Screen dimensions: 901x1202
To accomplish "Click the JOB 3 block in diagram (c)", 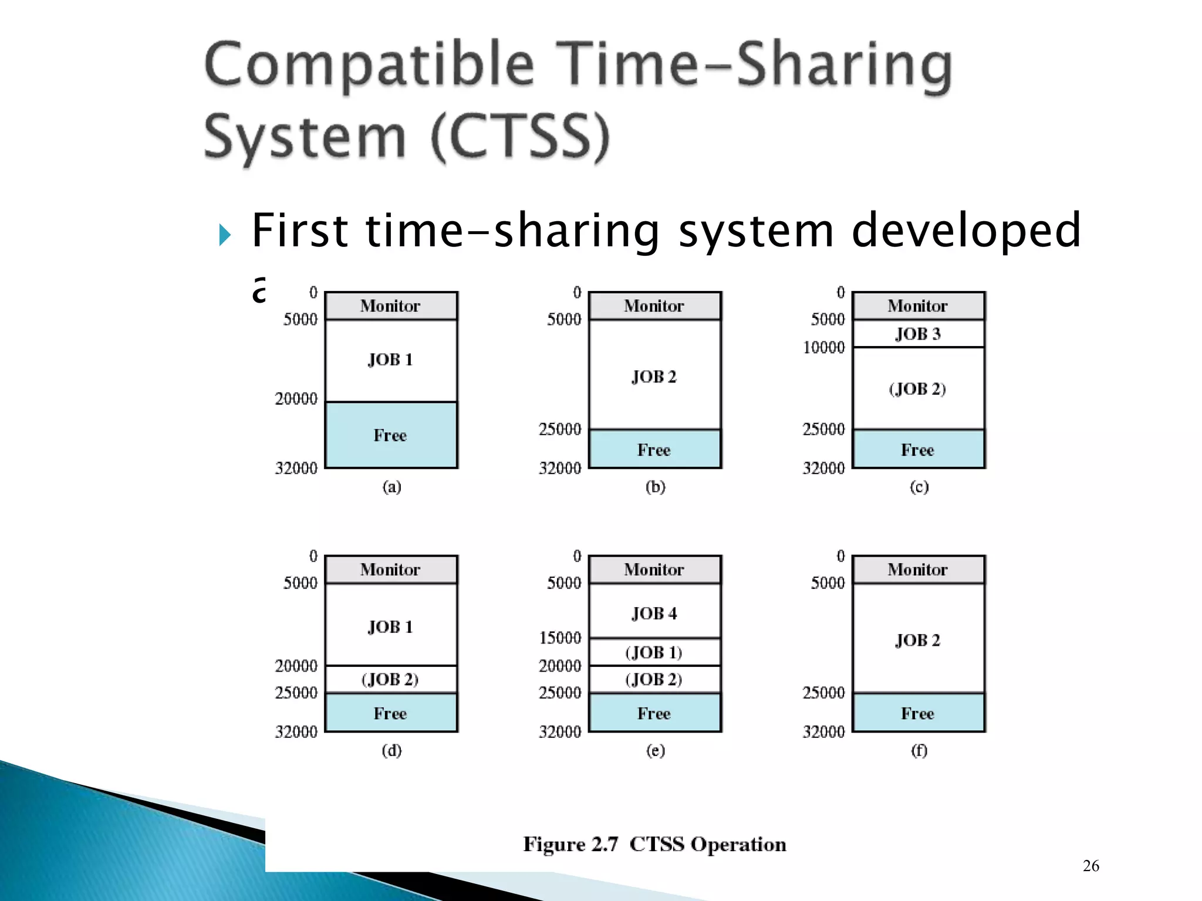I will tap(918, 334).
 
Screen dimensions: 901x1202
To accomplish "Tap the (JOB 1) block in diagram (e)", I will tap(654, 652).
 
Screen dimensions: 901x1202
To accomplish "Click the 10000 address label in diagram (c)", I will tap(823, 347).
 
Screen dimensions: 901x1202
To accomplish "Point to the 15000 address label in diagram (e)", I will tap(560, 638).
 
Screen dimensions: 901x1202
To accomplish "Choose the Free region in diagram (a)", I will tap(390, 435).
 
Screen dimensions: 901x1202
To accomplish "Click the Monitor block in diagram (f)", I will tap(918, 570).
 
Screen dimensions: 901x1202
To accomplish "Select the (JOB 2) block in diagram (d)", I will tap(390, 679).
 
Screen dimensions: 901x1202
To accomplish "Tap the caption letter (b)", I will tap(655, 487).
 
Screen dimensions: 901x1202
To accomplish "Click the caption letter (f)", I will tap(919, 750).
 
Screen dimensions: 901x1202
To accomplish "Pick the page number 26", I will tap(1090, 866).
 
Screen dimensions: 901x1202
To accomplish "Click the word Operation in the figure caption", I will tap(738, 844).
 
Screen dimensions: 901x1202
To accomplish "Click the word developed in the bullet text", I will tap(965, 230).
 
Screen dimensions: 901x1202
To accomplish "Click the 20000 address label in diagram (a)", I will tap(296, 399).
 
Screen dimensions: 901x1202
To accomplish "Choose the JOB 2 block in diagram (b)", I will tap(654, 376).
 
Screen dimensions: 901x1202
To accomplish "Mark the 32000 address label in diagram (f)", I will tap(823, 731).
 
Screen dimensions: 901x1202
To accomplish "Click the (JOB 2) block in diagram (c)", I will tap(918, 388).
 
